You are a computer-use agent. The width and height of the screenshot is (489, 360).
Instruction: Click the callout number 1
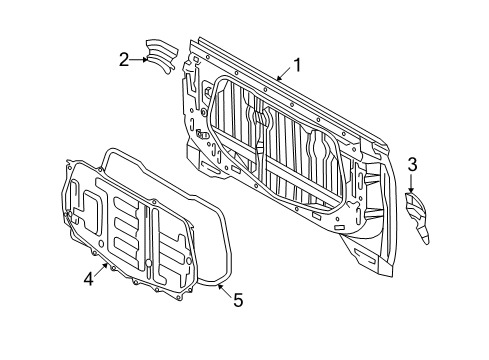(x=297, y=66)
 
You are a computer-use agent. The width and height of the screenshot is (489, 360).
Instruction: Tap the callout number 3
(x=411, y=163)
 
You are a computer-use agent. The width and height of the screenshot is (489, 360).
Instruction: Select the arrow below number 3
(x=411, y=180)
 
